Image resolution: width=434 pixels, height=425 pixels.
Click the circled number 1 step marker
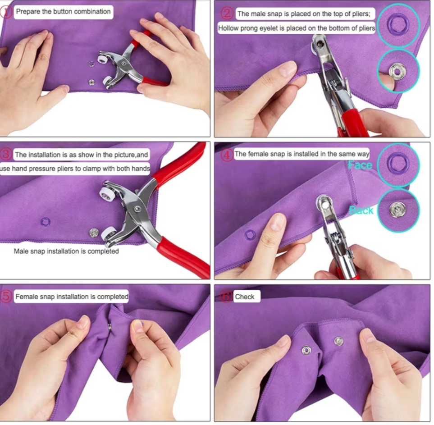pos(6,12)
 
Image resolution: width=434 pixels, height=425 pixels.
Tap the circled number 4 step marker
pos(226,155)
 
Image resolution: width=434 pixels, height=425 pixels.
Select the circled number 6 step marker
pos(226,297)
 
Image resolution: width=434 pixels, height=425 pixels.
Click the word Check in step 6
pos(245,297)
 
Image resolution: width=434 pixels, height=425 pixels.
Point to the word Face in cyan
pos(360,165)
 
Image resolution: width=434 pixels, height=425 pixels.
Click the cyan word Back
pos(361,210)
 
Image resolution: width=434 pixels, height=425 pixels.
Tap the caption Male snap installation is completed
pos(66,251)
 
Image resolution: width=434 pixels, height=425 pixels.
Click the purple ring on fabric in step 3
pos(46,222)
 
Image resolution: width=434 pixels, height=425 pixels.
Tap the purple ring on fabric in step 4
pos(250,235)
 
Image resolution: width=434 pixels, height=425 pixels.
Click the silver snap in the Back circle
pos(398,210)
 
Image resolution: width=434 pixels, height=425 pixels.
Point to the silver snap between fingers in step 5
pos(110,327)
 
